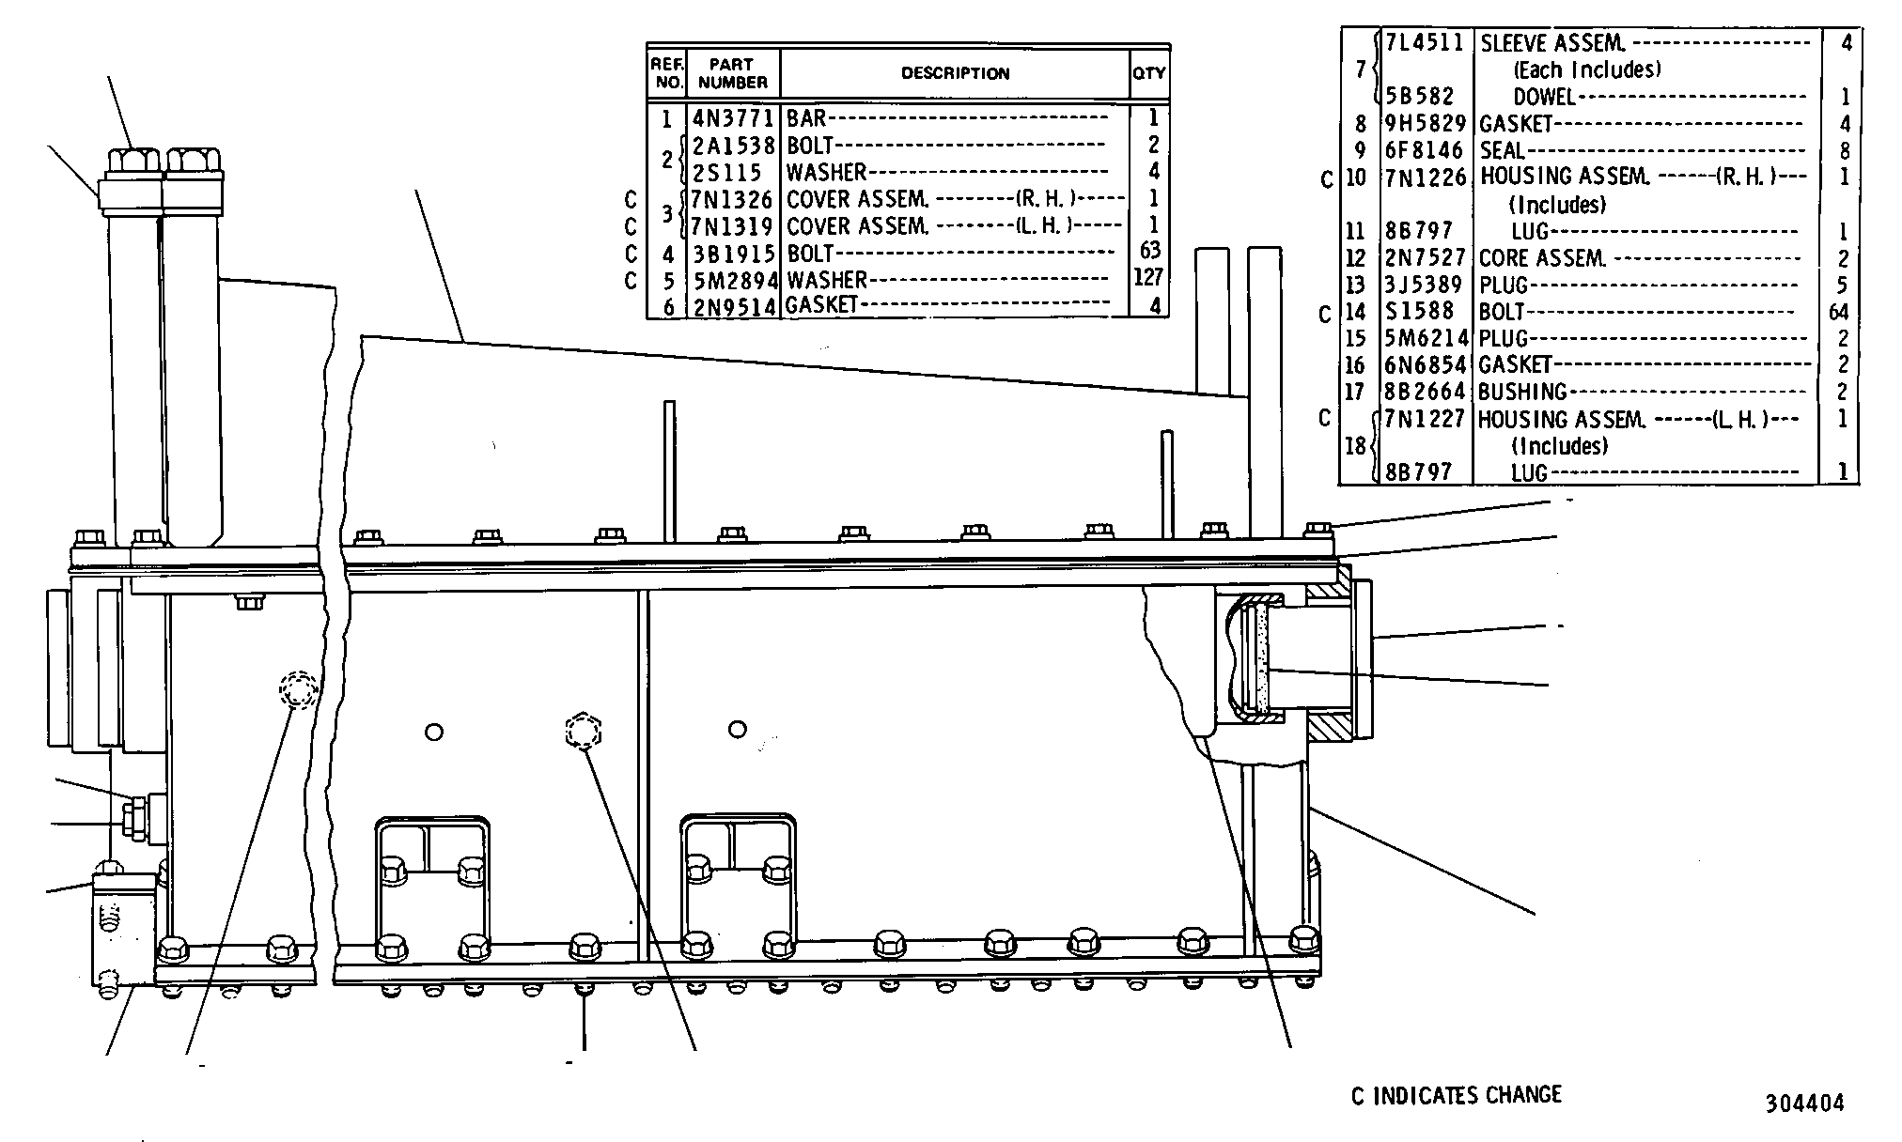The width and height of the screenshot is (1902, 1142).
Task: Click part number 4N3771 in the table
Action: [733, 118]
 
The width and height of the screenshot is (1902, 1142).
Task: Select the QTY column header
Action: [1148, 72]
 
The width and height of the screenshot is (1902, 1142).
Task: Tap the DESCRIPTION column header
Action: [955, 72]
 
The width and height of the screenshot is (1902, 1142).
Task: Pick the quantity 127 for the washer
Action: [1148, 277]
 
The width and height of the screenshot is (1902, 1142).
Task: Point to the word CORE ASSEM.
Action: [1541, 257]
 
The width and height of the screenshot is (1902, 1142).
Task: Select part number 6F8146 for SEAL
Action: [1424, 150]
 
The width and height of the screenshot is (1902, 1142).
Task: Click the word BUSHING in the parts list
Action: [1522, 392]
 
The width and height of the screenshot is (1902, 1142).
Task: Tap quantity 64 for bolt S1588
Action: [1838, 312]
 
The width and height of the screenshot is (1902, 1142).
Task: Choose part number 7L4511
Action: [1426, 42]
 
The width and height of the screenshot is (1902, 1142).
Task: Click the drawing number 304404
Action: [1804, 1103]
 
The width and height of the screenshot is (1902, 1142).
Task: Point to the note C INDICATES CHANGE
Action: [1456, 1095]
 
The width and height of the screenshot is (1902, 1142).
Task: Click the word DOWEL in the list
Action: [1544, 96]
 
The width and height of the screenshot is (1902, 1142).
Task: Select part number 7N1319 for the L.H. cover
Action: [733, 226]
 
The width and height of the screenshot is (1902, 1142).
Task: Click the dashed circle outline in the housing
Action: [299, 690]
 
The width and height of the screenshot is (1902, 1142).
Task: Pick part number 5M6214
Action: [1426, 338]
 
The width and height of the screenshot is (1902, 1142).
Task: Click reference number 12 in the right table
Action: [1355, 257]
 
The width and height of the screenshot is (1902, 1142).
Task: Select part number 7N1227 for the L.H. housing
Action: [1426, 419]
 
